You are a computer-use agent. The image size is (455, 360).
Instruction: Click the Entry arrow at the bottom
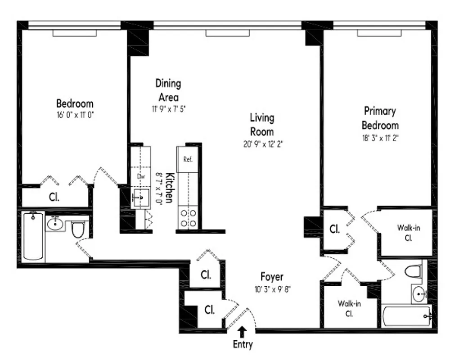click(x=242, y=331)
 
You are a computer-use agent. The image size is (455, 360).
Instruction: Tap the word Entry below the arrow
click(x=243, y=345)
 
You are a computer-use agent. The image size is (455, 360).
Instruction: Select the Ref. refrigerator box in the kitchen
click(x=188, y=159)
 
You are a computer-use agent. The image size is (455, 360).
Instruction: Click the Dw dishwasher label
click(x=141, y=176)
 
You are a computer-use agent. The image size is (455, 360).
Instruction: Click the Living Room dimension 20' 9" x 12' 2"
click(x=262, y=144)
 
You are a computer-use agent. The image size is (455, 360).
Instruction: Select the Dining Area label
click(x=168, y=90)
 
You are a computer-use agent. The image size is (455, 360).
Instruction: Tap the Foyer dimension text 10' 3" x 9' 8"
click(x=272, y=289)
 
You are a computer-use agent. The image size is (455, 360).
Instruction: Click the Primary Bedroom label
click(x=380, y=118)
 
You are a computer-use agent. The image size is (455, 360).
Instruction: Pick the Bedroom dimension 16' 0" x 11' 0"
click(x=75, y=115)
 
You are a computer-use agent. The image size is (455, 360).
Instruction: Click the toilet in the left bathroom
click(x=77, y=229)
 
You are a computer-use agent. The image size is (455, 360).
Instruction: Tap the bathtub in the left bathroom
click(x=33, y=236)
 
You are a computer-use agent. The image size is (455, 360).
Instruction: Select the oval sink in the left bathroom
click(x=55, y=223)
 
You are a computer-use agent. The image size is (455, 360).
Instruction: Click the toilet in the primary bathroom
click(x=412, y=271)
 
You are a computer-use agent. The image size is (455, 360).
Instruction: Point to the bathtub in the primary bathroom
click(x=406, y=316)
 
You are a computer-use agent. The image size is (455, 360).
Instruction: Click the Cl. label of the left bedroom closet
click(x=54, y=197)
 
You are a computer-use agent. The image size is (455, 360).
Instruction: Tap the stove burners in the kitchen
click(x=188, y=217)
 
